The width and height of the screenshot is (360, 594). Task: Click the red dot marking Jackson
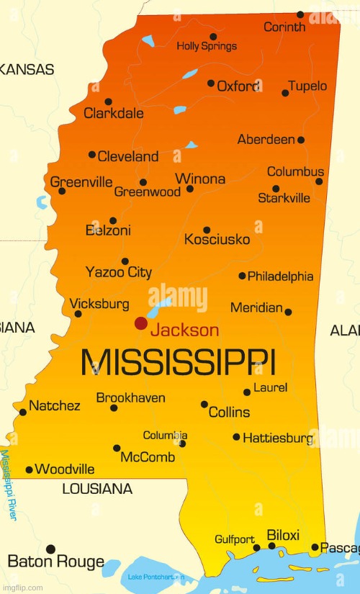tap(141, 324)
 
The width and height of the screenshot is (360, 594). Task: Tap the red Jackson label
tap(184, 330)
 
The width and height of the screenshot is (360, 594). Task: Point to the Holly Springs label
tap(207, 46)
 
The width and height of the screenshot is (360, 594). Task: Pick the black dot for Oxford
tap(211, 84)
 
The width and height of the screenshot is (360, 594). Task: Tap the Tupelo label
tap(307, 86)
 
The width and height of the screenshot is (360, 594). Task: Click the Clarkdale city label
tap(114, 113)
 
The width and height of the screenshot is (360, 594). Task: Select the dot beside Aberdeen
tap(301, 140)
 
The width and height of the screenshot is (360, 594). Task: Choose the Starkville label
tap(284, 198)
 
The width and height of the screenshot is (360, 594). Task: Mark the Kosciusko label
tap(217, 239)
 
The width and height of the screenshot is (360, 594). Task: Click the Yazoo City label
tap(119, 272)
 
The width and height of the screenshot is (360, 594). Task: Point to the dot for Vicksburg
tap(78, 314)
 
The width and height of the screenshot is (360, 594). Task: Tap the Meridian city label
tap(256, 307)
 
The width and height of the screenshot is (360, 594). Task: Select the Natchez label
tap(55, 405)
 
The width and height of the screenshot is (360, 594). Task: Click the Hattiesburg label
tap(277, 437)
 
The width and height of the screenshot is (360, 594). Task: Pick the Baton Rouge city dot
tap(50, 549)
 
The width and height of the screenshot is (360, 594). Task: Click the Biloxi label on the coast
tap(283, 535)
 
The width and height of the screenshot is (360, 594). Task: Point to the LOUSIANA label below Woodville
tap(97, 489)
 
